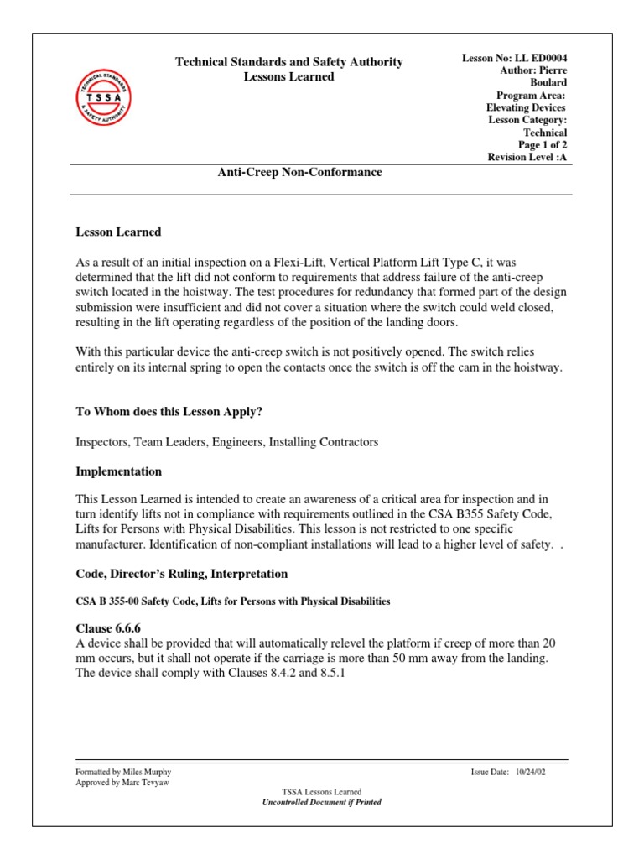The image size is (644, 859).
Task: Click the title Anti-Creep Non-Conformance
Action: (x=299, y=172)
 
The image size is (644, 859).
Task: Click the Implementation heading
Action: (x=118, y=471)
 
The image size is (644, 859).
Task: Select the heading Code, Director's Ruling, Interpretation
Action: (x=182, y=574)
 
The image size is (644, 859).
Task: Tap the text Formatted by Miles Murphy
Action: (x=123, y=772)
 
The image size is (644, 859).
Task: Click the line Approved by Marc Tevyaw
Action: (x=121, y=782)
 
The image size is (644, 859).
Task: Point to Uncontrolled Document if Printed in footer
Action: (x=322, y=802)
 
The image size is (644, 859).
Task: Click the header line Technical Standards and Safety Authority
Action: (x=288, y=62)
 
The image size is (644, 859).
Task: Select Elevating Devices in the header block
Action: (x=527, y=107)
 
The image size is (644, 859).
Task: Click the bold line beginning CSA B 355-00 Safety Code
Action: (x=233, y=601)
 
